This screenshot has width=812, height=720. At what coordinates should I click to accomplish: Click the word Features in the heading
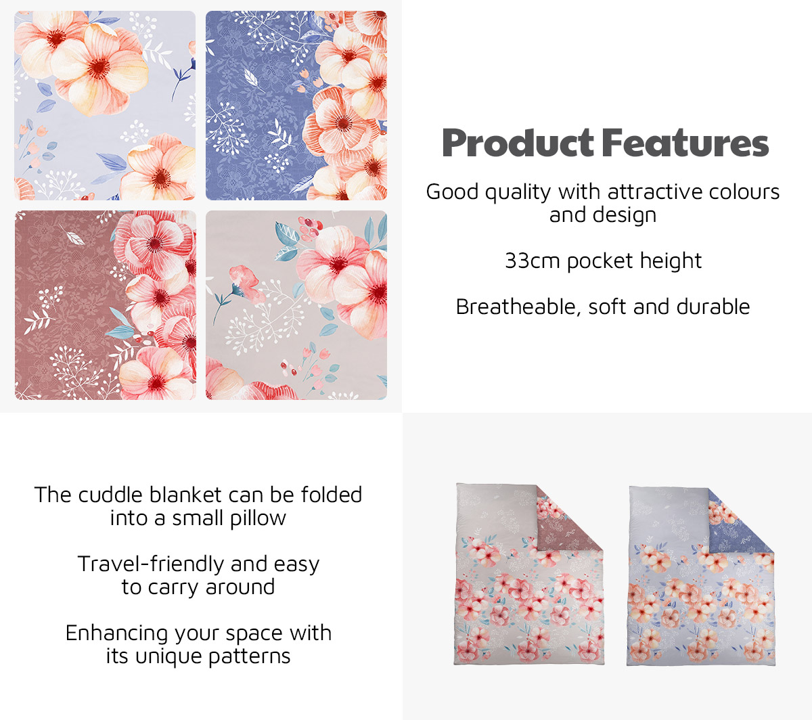685,143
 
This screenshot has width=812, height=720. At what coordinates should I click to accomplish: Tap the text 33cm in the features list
533,261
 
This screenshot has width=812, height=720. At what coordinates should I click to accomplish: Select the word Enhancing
117,634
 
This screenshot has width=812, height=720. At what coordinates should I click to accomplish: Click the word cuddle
110,495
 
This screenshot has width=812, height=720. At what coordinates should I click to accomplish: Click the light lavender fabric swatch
105,106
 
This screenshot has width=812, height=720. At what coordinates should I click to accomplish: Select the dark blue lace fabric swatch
296,106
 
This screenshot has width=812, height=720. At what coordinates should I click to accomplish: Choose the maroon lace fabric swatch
106,305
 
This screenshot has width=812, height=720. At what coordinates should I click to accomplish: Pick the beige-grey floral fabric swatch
296,305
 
